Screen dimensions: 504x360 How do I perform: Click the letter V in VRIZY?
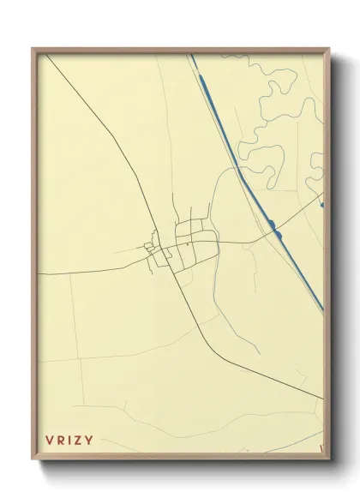tap(49, 441)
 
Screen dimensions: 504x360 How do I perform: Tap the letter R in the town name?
tap(62, 441)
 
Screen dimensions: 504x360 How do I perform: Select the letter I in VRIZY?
tap(72, 441)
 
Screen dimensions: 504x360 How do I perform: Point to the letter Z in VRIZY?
tap(81, 441)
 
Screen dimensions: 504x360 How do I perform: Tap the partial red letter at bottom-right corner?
tap(321, 446)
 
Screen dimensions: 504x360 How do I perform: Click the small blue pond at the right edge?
tap(321, 204)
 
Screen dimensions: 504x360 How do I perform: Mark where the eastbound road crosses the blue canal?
tap(273, 225)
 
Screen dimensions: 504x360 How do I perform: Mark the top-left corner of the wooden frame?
tap(33, 48)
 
